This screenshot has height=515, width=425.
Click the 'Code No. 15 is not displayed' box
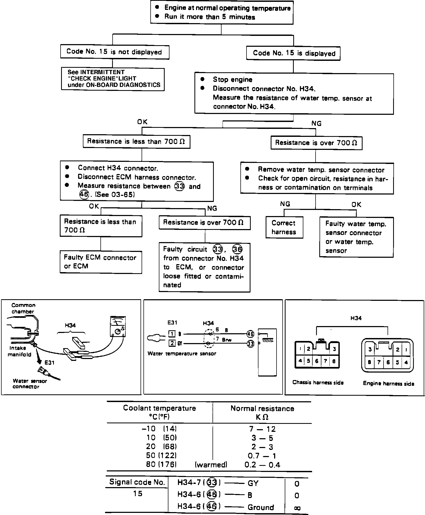coord(114,52)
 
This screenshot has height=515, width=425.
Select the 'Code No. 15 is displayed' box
coord(294,53)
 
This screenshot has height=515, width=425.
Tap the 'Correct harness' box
coord(284,227)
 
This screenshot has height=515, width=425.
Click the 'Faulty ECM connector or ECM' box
coord(101,262)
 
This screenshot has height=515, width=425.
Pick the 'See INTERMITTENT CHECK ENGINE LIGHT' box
coord(113,79)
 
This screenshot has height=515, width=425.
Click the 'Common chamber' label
coord(23,308)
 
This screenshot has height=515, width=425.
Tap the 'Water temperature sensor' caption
coord(182,353)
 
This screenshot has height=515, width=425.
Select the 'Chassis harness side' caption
coord(318,382)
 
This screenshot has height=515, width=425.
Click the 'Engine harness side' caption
coord(388,383)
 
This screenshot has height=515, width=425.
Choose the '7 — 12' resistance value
coord(262,429)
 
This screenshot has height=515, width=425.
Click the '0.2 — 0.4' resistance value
coord(262,465)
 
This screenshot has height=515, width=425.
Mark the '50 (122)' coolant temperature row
coord(161,455)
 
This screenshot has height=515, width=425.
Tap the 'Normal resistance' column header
coord(262,408)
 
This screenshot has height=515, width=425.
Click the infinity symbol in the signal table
coord(297,508)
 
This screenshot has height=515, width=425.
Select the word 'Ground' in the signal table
coord(261,507)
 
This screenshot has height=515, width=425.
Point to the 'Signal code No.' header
coord(137,482)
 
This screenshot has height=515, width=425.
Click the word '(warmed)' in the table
coord(211,465)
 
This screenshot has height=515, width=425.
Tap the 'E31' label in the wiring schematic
coord(172,323)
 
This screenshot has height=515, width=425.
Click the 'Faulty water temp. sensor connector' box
coord(356,237)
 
